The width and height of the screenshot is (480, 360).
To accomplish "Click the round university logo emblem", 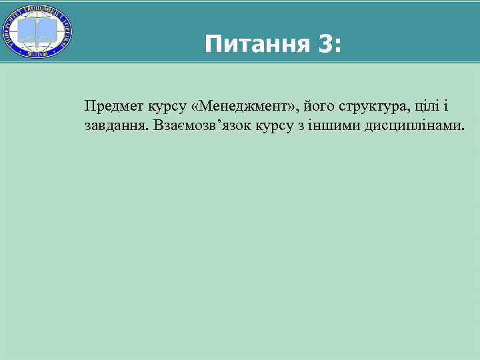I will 37,31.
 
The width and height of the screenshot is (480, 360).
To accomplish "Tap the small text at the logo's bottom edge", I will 37,55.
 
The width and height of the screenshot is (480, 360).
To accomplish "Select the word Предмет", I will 111,105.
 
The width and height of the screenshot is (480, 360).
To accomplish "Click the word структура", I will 373,105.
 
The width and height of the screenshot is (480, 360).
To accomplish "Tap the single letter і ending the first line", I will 446,105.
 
